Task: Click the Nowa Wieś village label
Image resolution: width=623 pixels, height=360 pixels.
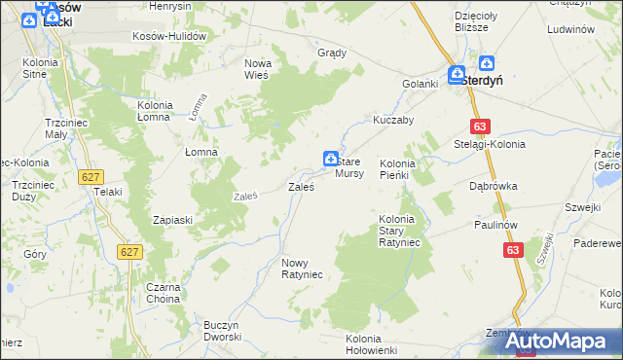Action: click(x=257, y=68)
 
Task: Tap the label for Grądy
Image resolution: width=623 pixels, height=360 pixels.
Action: click(x=332, y=53)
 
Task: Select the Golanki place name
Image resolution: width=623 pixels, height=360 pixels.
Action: click(x=421, y=84)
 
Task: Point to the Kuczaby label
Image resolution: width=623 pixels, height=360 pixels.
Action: click(x=393, y=121)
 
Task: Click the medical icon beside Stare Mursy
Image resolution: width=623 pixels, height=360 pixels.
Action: click(x=331, y=158)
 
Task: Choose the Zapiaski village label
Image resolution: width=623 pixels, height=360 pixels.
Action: click(x=172, y=220)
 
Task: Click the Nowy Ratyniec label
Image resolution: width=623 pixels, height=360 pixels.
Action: click(x=302, y=269)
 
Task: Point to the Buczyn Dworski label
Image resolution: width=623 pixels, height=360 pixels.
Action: click(x=222, y=331)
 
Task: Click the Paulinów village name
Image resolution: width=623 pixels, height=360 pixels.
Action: click(x=494, y=224)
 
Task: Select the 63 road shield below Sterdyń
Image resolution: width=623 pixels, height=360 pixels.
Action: click(x=479, y=126)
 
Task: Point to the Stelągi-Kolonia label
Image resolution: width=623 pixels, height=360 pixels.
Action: click(x=490, y=144)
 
